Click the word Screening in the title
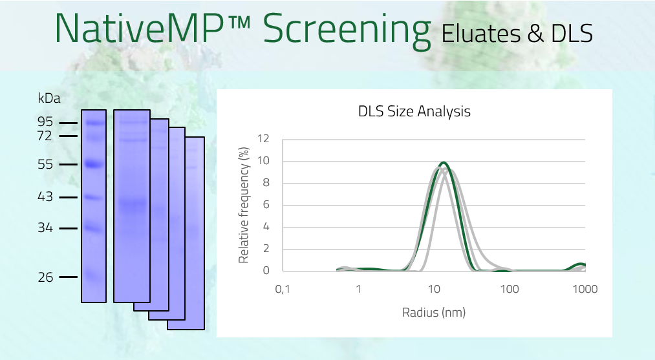point(347,29)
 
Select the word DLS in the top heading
point(572,34)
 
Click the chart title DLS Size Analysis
point(414,112)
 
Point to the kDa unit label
point(49,98)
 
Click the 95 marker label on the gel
point(45,122)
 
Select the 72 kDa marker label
point(45,136)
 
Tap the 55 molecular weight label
point(45,165)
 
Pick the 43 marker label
point(45,196)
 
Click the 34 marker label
point(45,228)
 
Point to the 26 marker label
point(45,277)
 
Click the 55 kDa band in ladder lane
point(94,164)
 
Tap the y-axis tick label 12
point(263,138)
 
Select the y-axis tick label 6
point(266,205)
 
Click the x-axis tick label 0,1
point(283,289)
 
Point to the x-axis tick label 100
point(510,289)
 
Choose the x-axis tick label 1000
point(585,289)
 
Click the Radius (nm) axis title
point(434,312)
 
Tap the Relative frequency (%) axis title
point(244,205)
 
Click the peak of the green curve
point(443,162)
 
